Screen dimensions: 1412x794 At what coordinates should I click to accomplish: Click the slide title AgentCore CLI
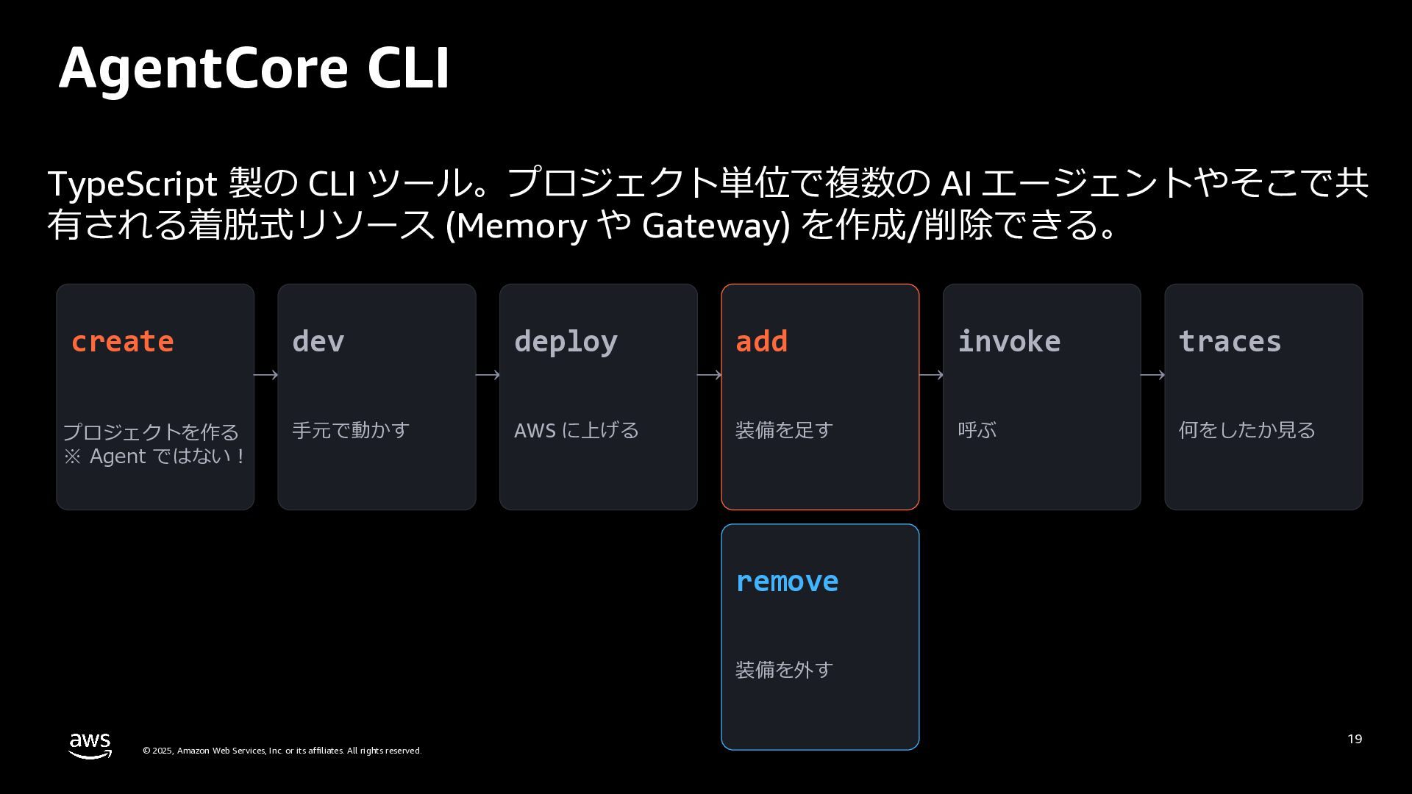(254, 68)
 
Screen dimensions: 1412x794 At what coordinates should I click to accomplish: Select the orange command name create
(123, 342)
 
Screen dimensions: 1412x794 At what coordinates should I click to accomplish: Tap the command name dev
(318, 342)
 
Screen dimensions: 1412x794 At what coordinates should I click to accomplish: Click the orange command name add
(762, 342)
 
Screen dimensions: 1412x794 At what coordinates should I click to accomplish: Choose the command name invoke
(1009, 342)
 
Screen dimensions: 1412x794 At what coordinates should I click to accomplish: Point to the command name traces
(1230, 343)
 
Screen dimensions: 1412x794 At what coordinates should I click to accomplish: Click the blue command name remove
(787, 582)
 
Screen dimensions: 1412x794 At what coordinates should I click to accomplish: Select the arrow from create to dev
(265, 375)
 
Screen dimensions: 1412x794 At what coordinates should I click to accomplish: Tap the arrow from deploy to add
(709, 375)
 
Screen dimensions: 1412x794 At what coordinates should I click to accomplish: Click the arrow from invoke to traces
(1152, 375)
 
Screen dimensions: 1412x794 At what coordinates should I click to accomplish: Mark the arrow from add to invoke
(931, 375)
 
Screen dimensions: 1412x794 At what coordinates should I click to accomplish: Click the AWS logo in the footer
(90, 745)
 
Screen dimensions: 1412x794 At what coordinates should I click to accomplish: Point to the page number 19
(1355, 739)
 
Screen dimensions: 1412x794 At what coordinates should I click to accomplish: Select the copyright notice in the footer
(282, 751)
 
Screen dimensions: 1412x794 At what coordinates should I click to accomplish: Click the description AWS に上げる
(577, 430)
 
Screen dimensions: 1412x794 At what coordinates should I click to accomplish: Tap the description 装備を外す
(784, 670)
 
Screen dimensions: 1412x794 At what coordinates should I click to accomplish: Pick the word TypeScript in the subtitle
(132, 185)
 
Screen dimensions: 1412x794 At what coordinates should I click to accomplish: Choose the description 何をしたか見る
(1247, 430)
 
